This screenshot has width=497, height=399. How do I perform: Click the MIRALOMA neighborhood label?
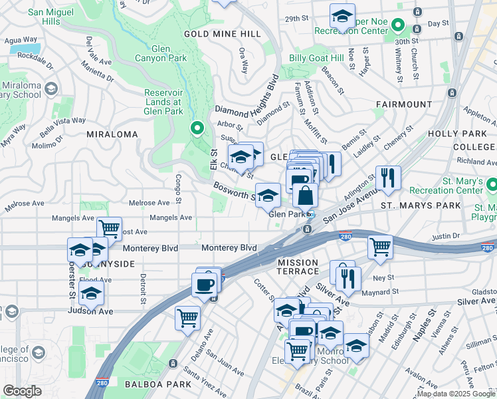112,134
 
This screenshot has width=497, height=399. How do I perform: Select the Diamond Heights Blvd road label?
246,100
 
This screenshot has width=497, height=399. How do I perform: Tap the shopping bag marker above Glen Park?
305,196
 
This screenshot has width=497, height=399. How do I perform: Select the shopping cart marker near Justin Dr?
381,247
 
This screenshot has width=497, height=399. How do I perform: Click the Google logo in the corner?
22,391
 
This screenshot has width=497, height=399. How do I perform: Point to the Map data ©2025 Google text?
455,394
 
